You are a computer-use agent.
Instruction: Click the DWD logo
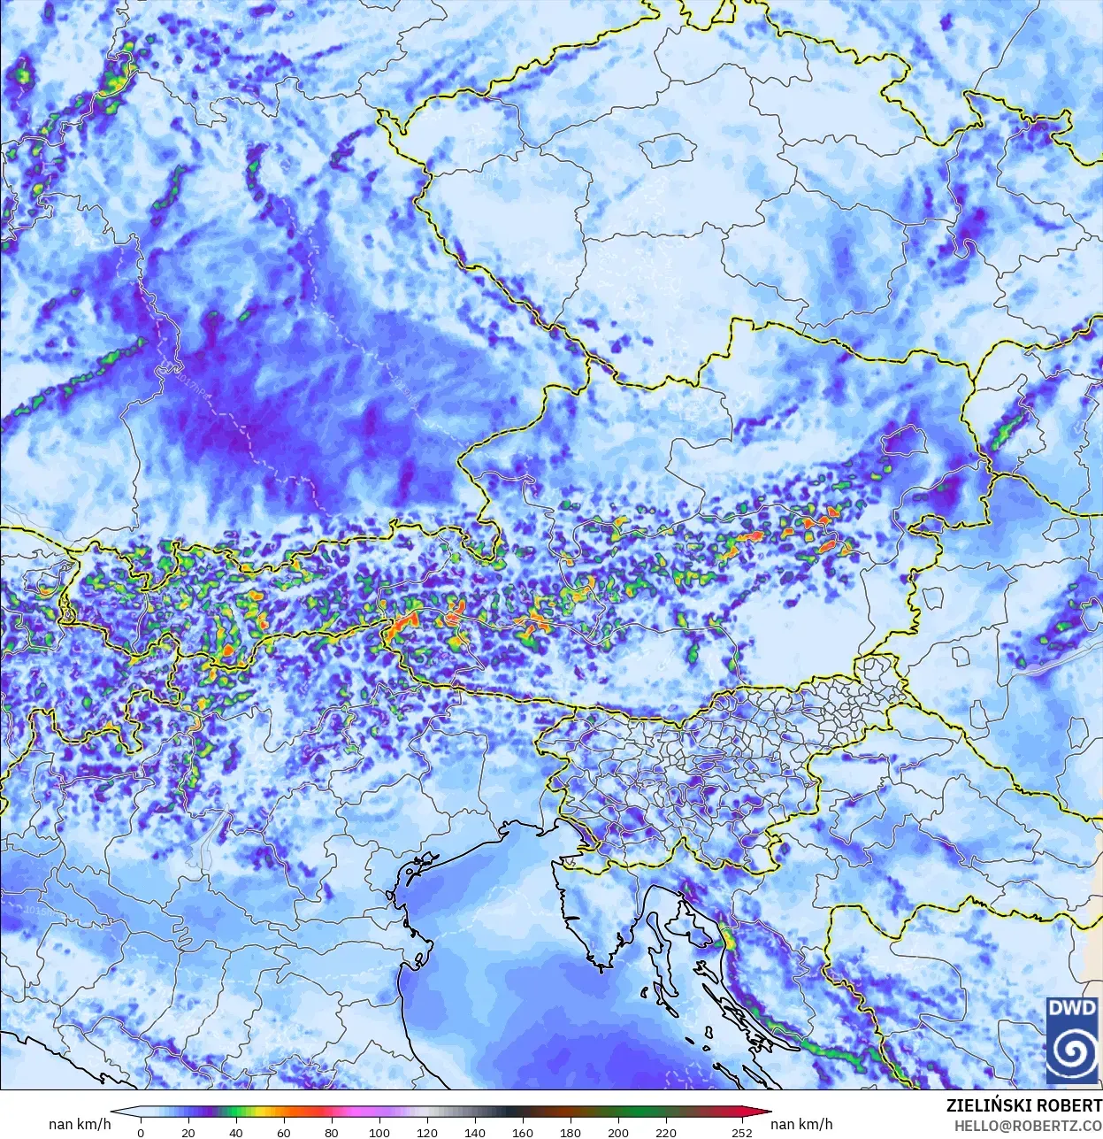point(1073,1040)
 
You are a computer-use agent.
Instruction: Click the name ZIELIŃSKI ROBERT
point(1023,1106)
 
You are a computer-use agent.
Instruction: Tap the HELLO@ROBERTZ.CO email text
point(1028,1126)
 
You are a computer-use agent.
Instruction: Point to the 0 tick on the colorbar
point(141,1132)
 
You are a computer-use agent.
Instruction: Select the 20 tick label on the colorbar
point(188,1132)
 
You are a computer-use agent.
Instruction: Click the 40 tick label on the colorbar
point(236,1132)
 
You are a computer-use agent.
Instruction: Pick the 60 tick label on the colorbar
point(284,1132)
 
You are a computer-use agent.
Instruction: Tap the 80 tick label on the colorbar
point(332,1132)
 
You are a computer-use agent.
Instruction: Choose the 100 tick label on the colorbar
point(379,1132)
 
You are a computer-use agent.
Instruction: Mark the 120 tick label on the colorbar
point(427,1132)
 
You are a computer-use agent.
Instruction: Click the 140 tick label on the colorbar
point(475,1132)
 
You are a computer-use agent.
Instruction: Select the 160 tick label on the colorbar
point(523,1132)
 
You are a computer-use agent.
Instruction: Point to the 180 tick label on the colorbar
point(571,1132)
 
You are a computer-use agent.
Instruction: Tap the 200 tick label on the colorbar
point(618,1132)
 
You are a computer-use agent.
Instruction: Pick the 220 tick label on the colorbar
point(666,1132)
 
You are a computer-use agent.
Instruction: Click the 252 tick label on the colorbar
point(742,1132)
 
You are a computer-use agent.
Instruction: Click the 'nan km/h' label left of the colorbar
point(80,1124)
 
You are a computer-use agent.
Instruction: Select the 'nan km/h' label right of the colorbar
point(801,1124)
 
